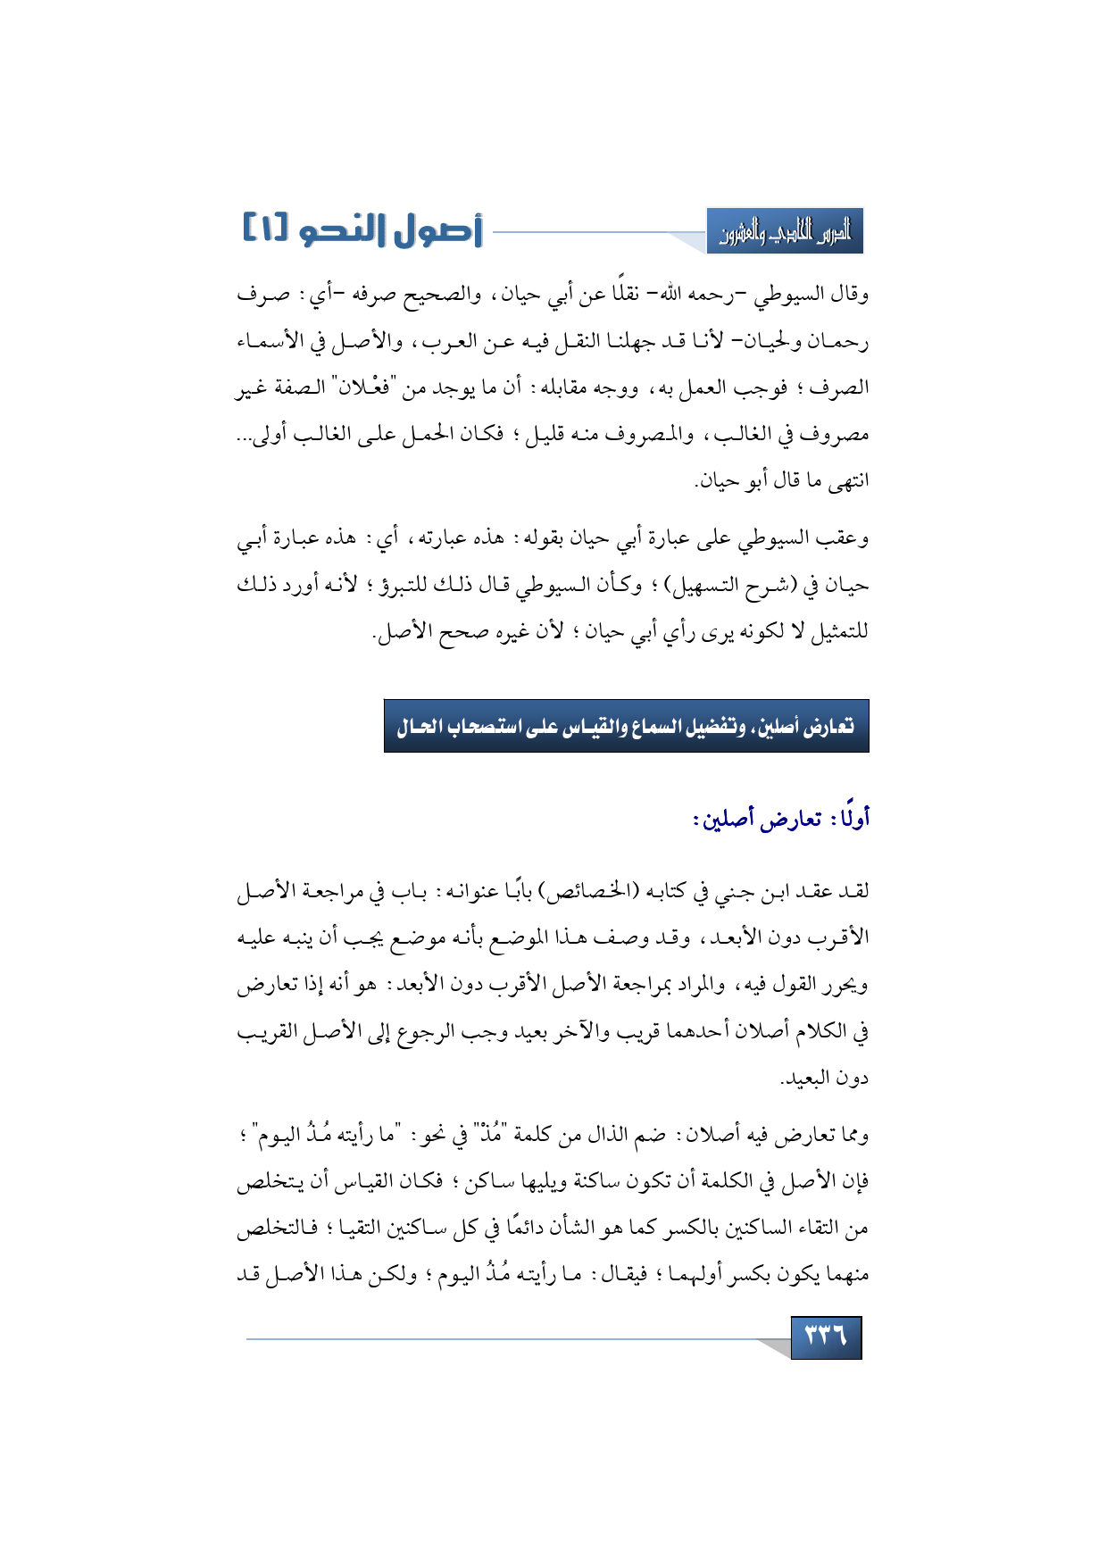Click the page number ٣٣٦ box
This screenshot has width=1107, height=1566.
tap(826, 1337)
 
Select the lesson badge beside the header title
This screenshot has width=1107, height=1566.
tap(785, 232)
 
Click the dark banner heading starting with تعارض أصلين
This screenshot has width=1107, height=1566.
tap(626, 726)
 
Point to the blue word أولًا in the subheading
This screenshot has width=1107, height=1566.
tap(851, 818)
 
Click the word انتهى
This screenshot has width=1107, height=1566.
tap(847, 481)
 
